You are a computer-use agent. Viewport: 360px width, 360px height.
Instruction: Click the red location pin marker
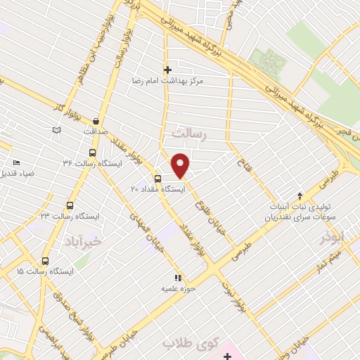pyautogui.click(x=181, y=165)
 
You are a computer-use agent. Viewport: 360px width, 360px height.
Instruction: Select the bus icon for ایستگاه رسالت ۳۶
pyautogui.click(x=93, y=153)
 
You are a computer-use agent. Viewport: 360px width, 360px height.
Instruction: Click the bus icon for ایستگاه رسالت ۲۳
pyautogui.click(x=69, y=205)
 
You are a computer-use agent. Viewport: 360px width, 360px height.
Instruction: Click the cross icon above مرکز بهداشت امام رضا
pyautogui.click(x=167, y=70)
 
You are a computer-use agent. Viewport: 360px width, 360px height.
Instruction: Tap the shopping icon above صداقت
pyautogui.click(x=96, y=120)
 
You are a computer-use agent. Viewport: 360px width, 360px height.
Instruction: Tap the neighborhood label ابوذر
pyautogui.click(x=347, y=236)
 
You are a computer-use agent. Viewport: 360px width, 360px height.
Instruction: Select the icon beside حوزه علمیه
pyautogui.click(x=179, y=278)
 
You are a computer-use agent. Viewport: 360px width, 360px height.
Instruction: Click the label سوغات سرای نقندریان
pyautogui.click(x=301, y=217)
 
